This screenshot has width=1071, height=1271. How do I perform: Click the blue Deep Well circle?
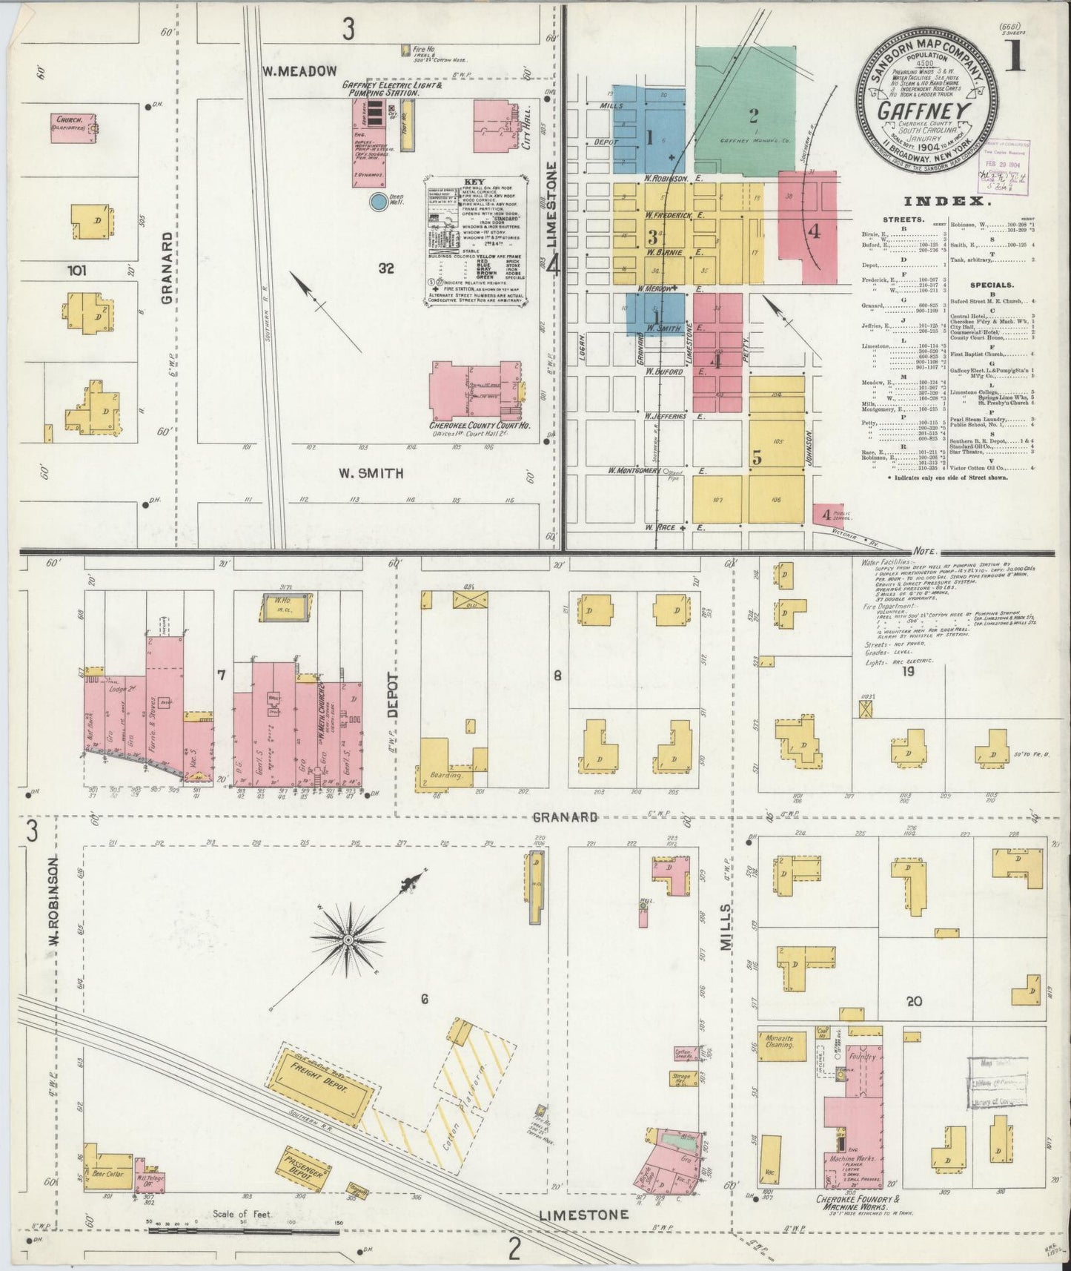(378, 201)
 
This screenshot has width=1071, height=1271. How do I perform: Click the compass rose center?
(347, 942)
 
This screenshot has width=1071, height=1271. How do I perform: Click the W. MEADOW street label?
(299, 70)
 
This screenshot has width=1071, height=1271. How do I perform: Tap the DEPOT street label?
(392, 696)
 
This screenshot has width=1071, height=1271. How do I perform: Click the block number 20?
(913, 1000)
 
